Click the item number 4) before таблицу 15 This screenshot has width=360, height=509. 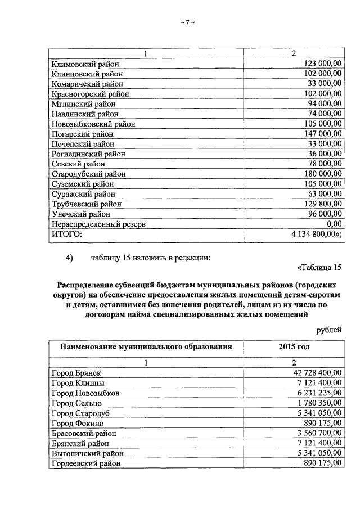tap(70, 258)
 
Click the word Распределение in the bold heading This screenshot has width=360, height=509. tap(88, 286)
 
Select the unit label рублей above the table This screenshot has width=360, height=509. tap(328, 330)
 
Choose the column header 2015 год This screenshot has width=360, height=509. tap(294, 347)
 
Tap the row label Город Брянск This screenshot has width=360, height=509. tap(77, 372)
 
